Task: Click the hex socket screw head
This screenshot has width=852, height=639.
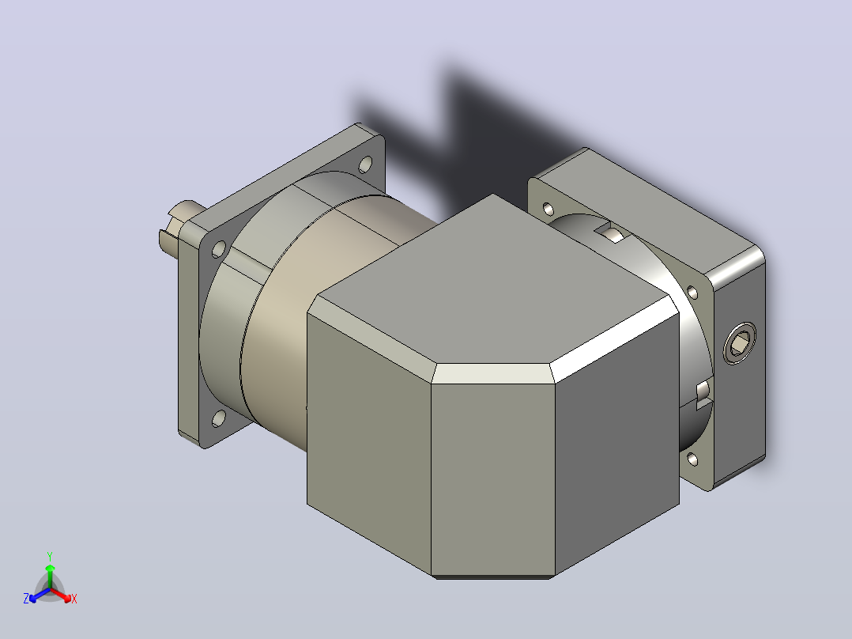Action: (x=740, y=343)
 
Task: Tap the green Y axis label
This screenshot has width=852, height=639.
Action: (x=50, y=556)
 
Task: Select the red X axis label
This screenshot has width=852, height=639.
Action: (x=74, y=599)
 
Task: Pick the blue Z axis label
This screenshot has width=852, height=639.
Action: (x=26, y=599)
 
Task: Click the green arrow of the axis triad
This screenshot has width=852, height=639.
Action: (x=50, y=576)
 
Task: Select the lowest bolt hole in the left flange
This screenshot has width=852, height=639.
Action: (x=218, y=418)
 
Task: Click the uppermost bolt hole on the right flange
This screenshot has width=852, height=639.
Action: (x=549, y=210)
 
